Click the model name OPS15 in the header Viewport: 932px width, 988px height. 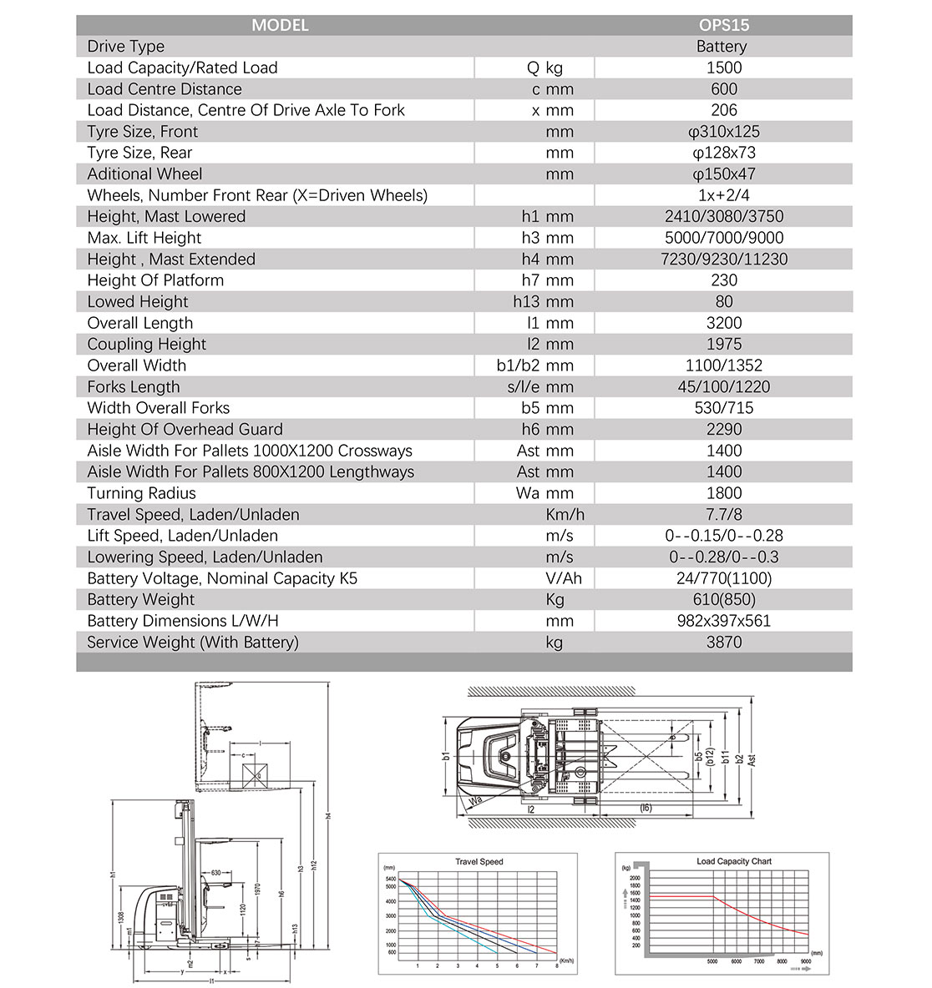pos(723,25)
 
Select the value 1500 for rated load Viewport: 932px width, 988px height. pos(723,68)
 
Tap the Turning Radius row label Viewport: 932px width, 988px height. pos(141,493)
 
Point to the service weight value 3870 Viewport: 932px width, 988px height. pos(723,643)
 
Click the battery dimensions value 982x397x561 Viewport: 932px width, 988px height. pos(723,621)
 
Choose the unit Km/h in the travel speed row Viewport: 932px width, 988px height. pos(565,515)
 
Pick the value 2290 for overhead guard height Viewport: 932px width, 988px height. pos(723,430)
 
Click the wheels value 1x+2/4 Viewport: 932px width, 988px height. pos(723,195)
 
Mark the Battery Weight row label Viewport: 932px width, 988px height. pos(140,600)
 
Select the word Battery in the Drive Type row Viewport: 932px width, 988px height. pos(722,47)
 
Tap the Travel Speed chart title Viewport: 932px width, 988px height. pos(479,862)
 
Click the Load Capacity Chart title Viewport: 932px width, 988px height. pos(734,861)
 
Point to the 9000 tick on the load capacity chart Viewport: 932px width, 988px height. pos(805,961)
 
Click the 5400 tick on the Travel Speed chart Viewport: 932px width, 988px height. pos(391,880)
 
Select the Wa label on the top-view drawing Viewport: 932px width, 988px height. pos(476,799)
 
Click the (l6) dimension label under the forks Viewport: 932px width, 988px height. pos(646,808)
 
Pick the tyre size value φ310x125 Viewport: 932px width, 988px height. pos(723,132)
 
